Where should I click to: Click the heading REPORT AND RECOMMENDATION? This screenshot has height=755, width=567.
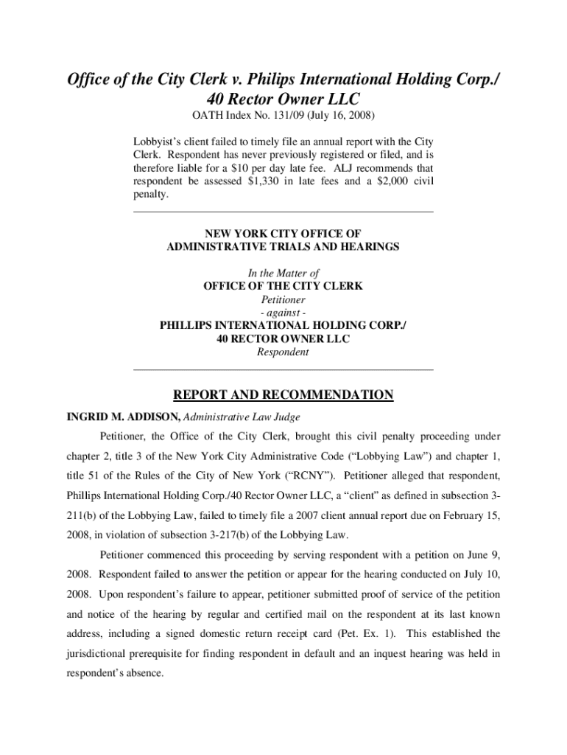tap(283, 396)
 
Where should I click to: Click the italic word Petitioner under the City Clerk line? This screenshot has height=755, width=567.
tap(283, 300)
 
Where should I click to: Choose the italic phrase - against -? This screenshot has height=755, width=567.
tap(283, 313)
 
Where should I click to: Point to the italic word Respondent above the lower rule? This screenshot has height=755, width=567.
tap(283, 352)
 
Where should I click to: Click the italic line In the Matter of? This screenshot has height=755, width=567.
tap(283, 273)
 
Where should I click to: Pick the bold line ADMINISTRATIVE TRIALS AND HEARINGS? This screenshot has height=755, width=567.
tap(283, 247)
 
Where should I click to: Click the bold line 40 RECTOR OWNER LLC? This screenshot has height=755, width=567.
tap(283, 339)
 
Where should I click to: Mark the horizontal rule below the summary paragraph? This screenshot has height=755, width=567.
tap(283, 212)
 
